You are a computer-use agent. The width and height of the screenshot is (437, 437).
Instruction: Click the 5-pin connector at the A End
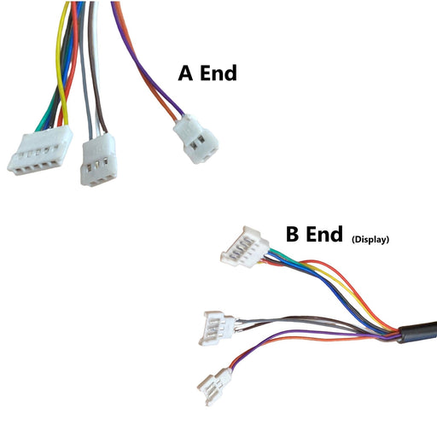(x=40, y=150)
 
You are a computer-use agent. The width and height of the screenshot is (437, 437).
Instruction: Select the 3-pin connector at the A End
(x=98, y=160)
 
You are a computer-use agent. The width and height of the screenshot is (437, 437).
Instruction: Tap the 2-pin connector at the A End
(x=195, y=139)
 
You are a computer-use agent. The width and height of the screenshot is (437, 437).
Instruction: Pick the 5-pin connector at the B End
(x=245, y=247)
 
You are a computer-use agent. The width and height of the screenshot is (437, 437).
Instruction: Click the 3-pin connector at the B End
(x=217, y=328)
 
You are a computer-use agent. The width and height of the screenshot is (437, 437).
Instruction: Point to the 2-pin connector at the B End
(x=214, y=386)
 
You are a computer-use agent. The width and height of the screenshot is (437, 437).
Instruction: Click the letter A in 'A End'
(x=185, y=73)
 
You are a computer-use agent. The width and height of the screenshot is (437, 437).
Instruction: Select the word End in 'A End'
(x=218, y=73)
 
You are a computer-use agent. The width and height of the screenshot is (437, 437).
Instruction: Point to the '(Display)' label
(x=370, y=240)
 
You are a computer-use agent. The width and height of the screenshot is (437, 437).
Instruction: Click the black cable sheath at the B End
(x=417, y=332)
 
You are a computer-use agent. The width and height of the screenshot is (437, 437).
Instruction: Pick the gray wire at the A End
(x=84, y=71)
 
